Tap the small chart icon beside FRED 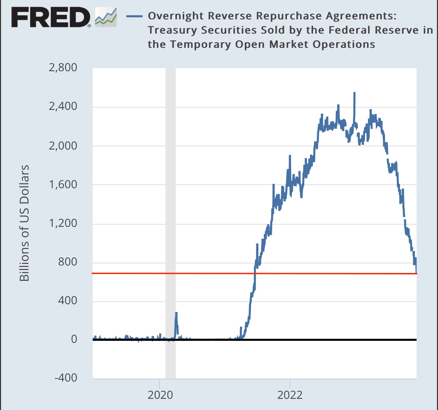tap(106, 17)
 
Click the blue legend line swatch tap(134, 16)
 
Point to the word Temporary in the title tap(201, 44)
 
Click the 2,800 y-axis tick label tap(63, 67)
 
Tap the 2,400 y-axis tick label tap(63, 106)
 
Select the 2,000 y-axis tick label tap(63, 145)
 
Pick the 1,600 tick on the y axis tap(63, 184)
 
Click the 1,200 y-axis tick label tap(63, 223)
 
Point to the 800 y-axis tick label tap(68, 262)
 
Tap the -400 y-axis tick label tap(66, 378)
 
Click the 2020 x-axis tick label tap(160, 395)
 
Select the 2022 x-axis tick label tap(290, 395)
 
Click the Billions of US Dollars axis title tap(24, 223)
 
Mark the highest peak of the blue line tap(354, 93)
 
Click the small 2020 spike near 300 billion tap(176, 313)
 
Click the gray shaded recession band tap(170, 203)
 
